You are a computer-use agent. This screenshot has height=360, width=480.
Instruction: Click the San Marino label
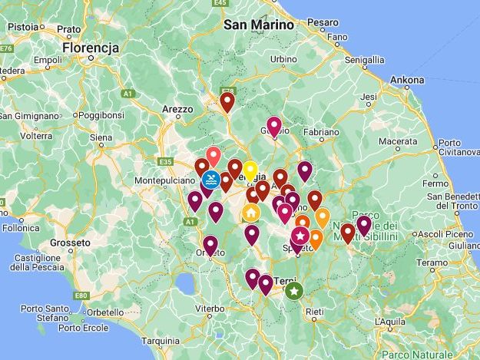coord(259,25)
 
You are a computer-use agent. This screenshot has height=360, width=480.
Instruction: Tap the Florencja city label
coord(91,48)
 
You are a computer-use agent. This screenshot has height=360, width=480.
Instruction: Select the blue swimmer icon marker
coord(212,180)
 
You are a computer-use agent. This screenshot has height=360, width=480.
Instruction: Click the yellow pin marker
coord(250,170)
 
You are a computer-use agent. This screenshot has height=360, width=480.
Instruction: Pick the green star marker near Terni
coord(293,291)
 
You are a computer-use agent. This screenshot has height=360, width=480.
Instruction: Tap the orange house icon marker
coord(251,212)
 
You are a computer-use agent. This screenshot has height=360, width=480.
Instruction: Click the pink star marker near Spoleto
coord(300,235)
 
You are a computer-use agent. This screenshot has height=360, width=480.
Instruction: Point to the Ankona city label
coord(406,79)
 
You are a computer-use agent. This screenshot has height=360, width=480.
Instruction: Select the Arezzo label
coord(177,110)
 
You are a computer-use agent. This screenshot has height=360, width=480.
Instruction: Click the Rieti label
coord(313,311)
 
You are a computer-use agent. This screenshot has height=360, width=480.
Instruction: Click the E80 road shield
coord(82,295)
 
